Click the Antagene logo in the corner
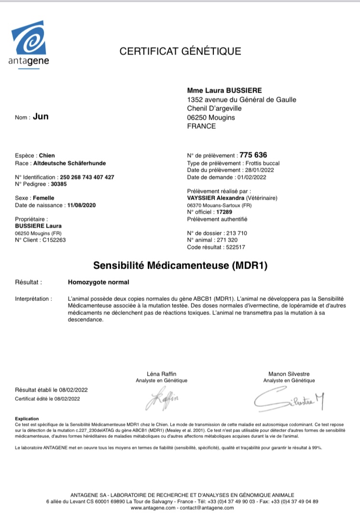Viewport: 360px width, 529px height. coord(29,44)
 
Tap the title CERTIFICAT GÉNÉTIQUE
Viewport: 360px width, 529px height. coord(180,51)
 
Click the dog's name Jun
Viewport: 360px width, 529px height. coord(41,117)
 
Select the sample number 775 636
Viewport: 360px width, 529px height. coord(253,155)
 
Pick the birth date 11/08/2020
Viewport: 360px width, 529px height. coord(82,205)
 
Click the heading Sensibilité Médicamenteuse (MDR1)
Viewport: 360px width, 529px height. coord(180,265)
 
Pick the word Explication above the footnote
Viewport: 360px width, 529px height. coord(27,419)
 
